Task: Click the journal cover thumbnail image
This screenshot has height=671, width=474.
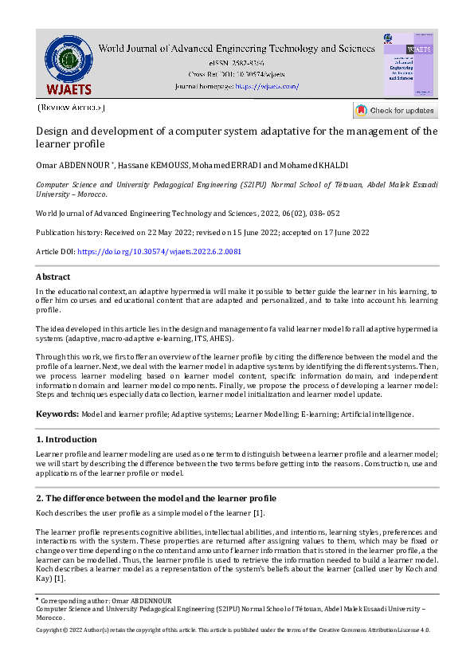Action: coord(409,65)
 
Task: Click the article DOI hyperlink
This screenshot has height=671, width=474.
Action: coord(159,251)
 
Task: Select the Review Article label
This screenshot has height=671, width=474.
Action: coord(70,108)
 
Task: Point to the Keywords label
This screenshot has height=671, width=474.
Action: coord(57,414)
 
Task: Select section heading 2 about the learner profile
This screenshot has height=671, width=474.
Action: coord(155,498)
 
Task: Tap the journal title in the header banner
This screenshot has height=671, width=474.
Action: coord(236,49)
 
